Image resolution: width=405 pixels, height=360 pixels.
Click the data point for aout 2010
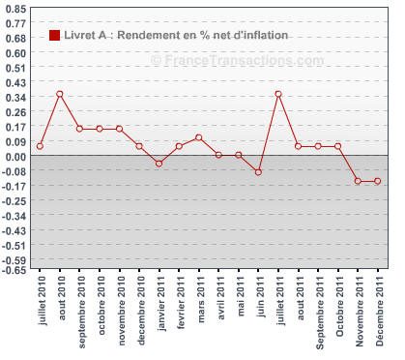(x=60, y=94)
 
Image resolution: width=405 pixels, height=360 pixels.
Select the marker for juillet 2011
(x=278, y=94)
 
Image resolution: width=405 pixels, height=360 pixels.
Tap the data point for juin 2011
(x=258, y=171)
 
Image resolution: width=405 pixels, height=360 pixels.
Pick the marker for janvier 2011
(x=159, y=164)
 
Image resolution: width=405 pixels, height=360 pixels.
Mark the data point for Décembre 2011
(x=378, y=181)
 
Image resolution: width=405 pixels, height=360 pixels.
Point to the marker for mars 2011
(x=198, y=137)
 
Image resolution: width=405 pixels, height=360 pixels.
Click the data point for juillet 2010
(x=40, y=146)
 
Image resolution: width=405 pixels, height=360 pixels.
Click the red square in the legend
(x=54, y=36)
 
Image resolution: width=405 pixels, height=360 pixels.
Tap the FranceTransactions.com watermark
(x=238, y=60)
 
